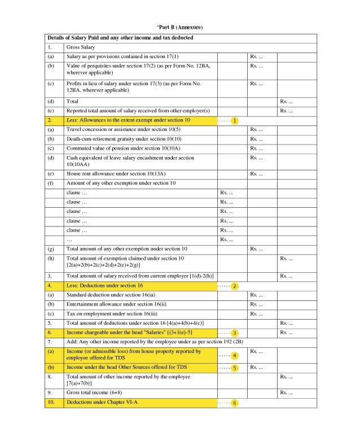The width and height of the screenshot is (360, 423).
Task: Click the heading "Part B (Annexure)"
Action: tap(179, 27)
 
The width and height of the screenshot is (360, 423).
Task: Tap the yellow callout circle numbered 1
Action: tap(235, 121)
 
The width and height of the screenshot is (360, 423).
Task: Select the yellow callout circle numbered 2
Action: tap(235, 286)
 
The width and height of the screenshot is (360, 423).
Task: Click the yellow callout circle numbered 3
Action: tap(235, 333)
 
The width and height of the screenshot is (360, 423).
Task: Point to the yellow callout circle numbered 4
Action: tap(235, 355)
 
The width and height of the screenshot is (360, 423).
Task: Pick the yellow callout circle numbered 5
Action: tap(235, 368)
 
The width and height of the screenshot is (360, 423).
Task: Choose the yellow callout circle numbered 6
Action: tap(235, 403)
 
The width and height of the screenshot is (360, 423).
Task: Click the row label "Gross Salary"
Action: tap(81, 47)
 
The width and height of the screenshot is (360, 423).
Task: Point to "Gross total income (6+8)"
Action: tap(98, 392)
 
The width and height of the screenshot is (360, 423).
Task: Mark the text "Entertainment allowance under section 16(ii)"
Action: tap(116, 304)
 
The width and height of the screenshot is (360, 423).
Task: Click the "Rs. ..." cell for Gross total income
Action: tap(286, 392)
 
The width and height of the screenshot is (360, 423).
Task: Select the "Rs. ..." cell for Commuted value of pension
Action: tap(256, 148)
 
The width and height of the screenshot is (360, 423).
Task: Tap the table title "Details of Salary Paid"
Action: tap(120, 38)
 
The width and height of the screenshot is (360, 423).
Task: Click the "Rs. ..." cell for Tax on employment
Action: tap(256, 313)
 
